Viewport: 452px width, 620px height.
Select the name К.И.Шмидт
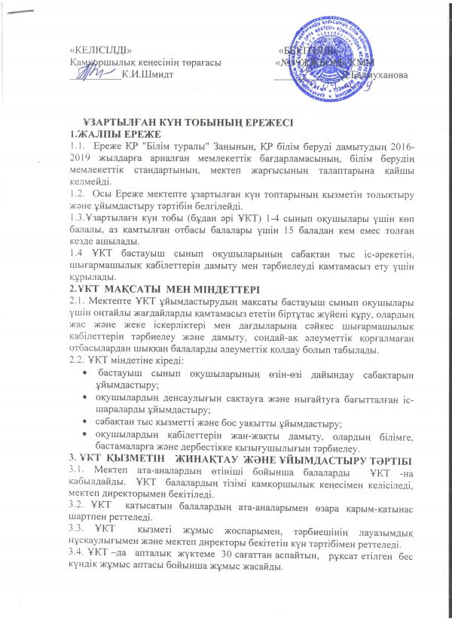pyautogui.click(x=147, y=73)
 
